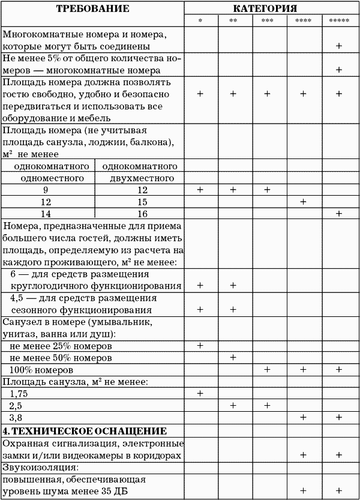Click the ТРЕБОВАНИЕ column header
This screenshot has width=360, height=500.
coord(93,9)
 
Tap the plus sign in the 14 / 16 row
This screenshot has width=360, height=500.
coord(339,214)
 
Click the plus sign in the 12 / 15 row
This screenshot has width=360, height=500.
coord(303,202)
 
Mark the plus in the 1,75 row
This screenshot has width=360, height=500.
coord(200,393)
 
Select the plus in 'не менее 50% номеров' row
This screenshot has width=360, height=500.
coord(234,358)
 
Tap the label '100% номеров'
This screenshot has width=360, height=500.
coord(42,370)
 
